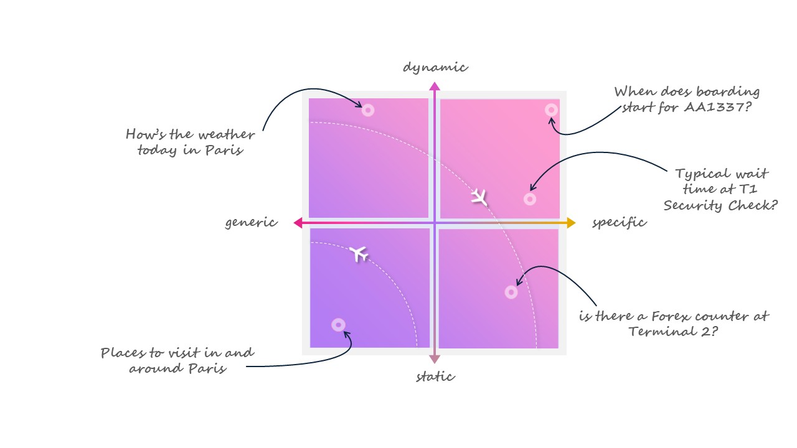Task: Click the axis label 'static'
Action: [435, 376]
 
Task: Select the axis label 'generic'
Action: [251, 223]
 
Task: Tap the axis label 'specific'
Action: [619, 223]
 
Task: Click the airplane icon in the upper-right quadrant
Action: [479, 197]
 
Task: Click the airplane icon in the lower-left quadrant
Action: [358, 253]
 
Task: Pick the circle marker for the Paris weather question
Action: [368, 110]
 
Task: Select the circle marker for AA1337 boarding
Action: [551, 110]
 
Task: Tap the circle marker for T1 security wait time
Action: [530, 199]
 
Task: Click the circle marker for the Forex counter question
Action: [511, 292]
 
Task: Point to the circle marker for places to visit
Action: [338, 325]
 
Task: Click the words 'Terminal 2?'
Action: [674, 331]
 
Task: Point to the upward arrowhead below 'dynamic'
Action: [435, 86]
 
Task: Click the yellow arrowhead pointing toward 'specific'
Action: [571, 223]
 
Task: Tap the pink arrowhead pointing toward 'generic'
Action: [298, 223]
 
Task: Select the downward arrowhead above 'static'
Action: [435, 359]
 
